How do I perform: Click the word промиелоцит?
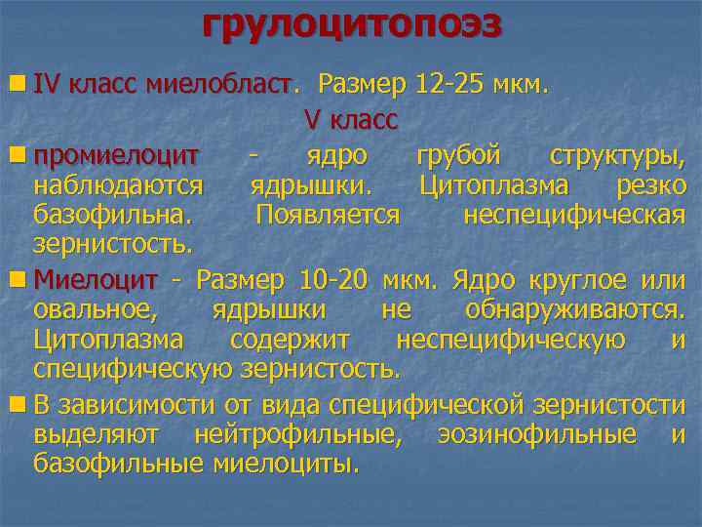click(x=116, y=155)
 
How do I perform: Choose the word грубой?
click(x=458, y=155)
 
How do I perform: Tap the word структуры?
click(x=616, y=155)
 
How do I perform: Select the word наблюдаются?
click(x=118, y=183)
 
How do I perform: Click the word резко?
click(x=650, y=183)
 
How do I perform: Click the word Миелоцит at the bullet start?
click(x=96, y=281)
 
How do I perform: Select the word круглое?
click(x=579, y=281)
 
